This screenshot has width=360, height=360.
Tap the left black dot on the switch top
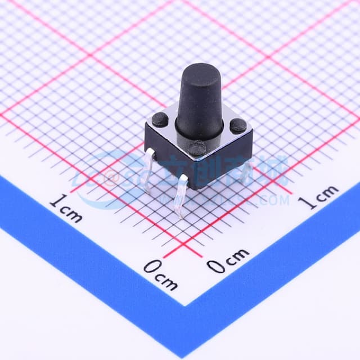coord(160,119)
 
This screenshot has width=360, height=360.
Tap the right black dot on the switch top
coord(238,125)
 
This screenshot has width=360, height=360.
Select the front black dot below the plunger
coord(197,148)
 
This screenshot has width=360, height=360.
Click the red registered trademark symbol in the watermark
coord(111,179)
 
